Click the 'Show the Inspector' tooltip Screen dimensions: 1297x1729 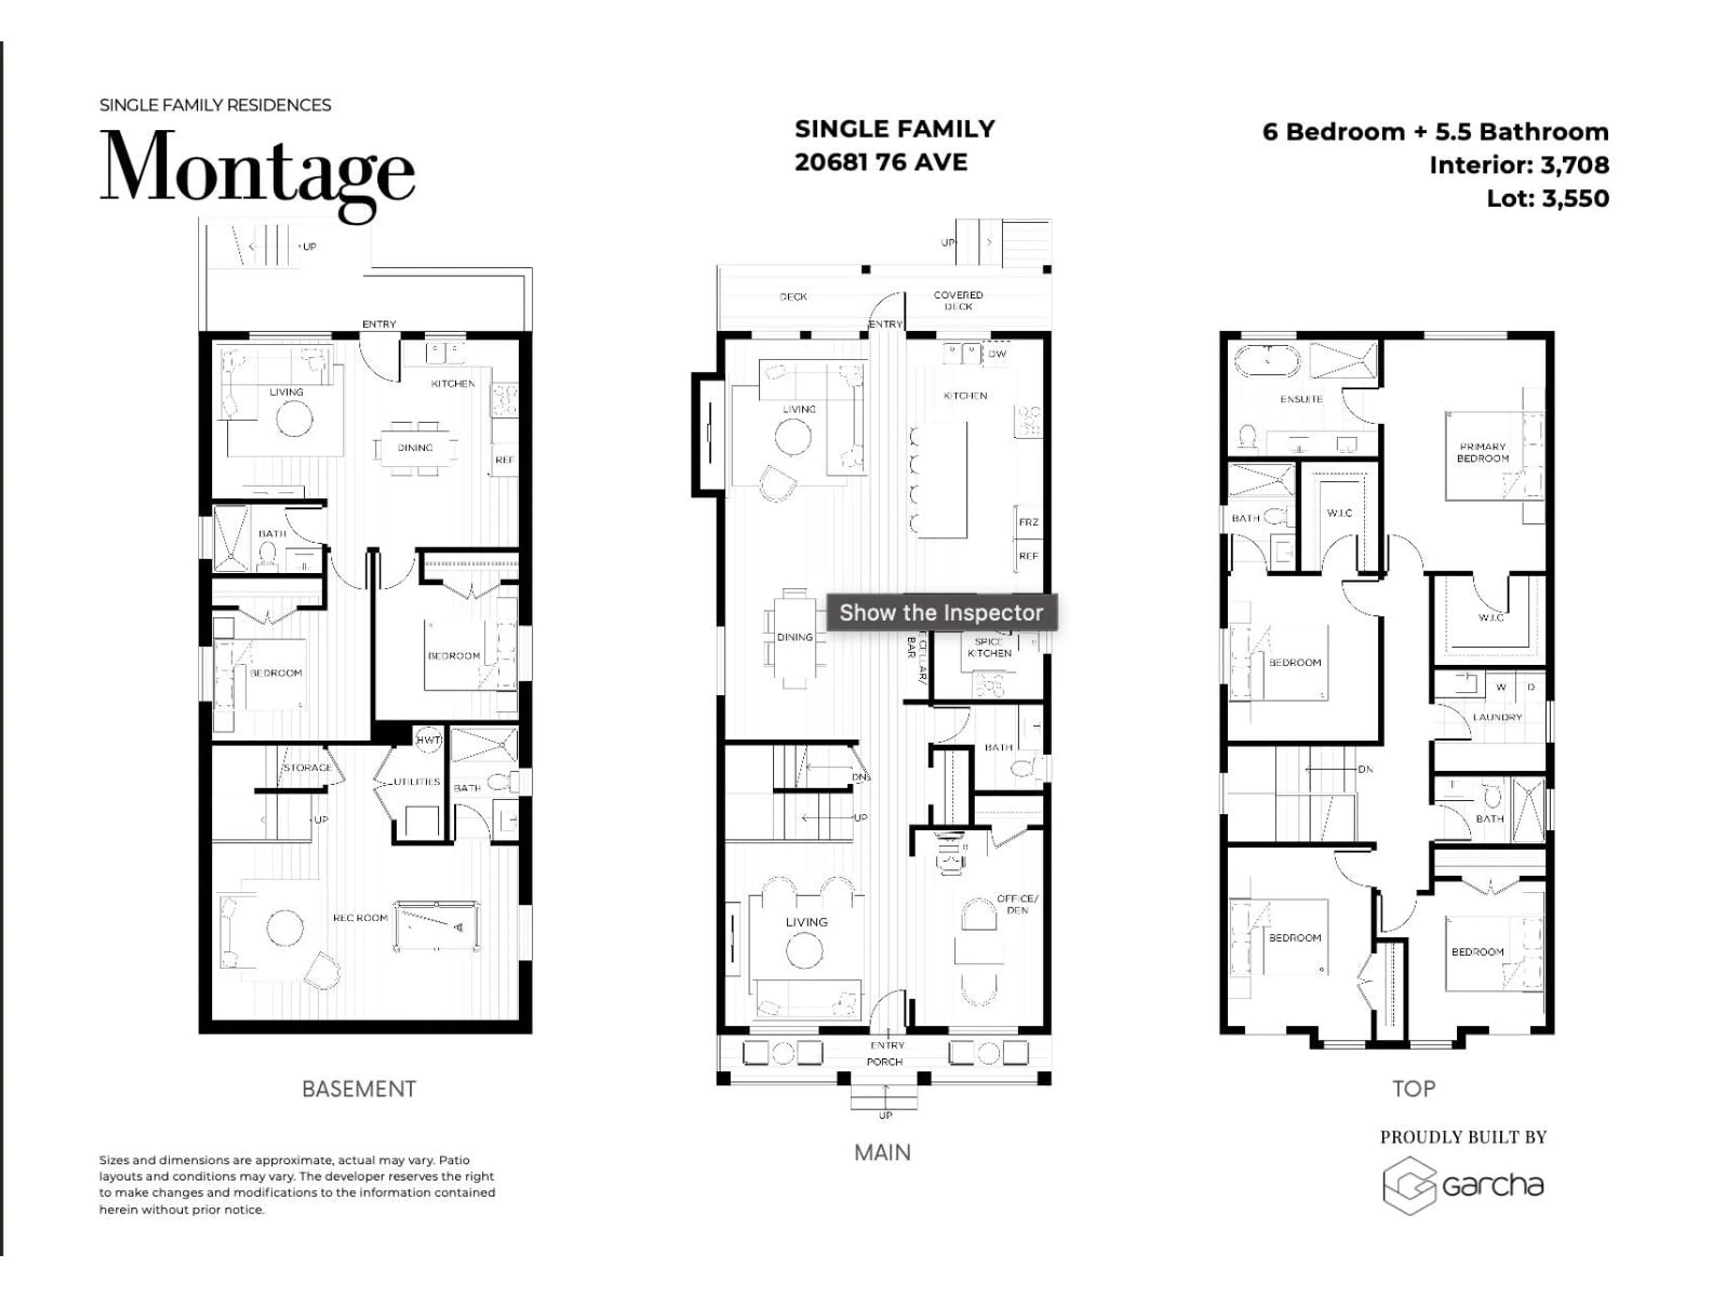point(941,613)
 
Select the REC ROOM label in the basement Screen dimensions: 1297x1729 point(360,918)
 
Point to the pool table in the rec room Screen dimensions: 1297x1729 point(437,926)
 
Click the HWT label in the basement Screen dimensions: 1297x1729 point(428,739)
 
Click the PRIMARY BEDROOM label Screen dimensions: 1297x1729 point(1482,453)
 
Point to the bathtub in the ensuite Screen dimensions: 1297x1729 point(1267,363)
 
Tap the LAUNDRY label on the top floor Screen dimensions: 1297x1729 point(1497,717)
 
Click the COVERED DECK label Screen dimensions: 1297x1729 point(958,300)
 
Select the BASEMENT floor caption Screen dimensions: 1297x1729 point(359,1089)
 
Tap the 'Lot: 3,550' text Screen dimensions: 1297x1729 point(1548,199)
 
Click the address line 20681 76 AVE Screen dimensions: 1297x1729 point(881,163)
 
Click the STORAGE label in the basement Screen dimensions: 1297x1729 point(307,768)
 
